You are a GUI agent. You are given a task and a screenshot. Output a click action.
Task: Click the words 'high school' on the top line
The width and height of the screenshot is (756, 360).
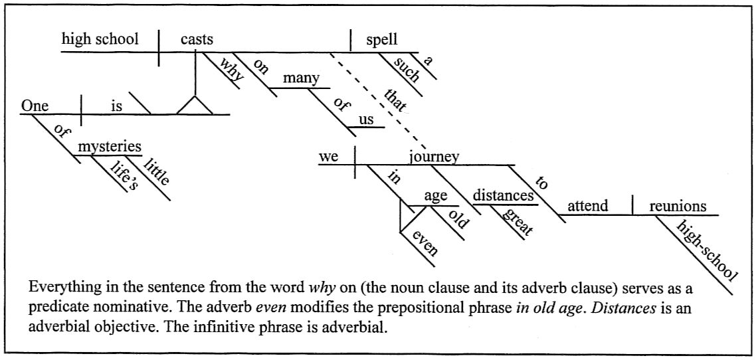(x=100, y=39)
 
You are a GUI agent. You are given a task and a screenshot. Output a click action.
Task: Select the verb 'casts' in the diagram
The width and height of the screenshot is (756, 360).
(x=197, y=39)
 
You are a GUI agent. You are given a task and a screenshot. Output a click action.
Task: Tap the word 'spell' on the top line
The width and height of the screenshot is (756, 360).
(x=382, y=39)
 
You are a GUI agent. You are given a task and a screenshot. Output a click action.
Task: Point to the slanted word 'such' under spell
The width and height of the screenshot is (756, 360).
(x=407, y=69)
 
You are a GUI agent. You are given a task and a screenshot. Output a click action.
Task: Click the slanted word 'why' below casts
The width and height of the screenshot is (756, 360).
(x=231, y=69)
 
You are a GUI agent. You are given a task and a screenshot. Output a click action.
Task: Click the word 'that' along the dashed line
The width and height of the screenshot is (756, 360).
(x=395, y=98)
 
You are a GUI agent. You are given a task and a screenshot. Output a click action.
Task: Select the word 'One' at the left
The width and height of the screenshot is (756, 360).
(x=35, y=105)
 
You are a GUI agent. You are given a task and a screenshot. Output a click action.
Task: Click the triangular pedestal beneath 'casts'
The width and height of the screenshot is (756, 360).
(x=195, y=105)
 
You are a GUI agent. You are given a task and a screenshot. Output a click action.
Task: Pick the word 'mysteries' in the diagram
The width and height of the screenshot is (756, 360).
(x=110, y=146)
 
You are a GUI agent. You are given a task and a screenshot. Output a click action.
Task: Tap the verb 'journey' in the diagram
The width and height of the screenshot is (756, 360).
(x=434, y=157)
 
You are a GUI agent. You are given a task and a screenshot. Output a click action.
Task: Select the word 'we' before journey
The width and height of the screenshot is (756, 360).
(x=330, y=157)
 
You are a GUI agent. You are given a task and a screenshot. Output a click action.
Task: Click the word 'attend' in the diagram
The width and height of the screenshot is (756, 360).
(x=587, y=206)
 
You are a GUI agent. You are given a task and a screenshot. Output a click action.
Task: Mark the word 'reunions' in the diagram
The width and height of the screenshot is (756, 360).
(x=678, y=206)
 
